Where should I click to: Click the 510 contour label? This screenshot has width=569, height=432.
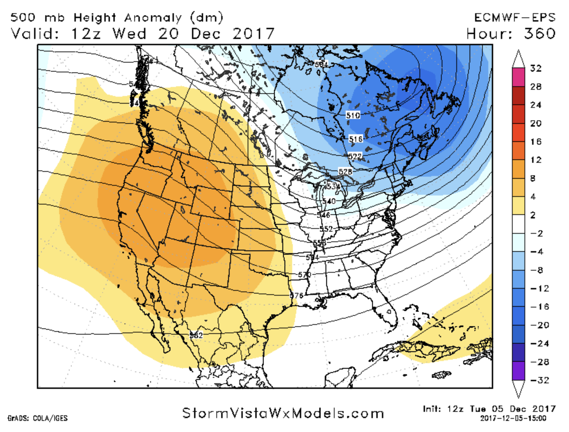[x=353, y=115]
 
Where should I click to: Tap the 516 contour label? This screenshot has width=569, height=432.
[x=355, y=139]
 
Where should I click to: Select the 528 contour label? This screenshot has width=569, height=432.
[x=345, y=171]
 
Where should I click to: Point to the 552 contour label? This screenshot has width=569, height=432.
[x=326, y=229]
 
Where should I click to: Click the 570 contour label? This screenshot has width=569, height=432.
[x=305, y=275]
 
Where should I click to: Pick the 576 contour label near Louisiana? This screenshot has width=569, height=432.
[x=296, y=296]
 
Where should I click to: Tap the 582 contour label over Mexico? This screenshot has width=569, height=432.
[x=196, y=335]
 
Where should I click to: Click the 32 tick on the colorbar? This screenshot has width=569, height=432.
[x=536, y=69]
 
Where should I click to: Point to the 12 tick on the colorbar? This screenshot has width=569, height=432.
[x=536, y=160]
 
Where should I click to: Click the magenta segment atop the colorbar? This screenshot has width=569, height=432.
[x=518, y=77]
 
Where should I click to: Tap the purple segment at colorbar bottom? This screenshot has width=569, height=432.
[x=518, y=371]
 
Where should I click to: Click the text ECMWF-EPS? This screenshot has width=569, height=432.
[x=514, y=18]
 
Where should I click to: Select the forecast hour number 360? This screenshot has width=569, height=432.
[x=539, y=34]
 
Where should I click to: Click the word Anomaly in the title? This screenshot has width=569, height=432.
[x=153, y=18]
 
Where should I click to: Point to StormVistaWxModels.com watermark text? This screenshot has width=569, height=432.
[x=283, y=414]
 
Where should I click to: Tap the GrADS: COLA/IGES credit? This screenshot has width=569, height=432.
[x=38, y=418]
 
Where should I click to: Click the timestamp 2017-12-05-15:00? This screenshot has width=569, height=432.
[x=513, y=418]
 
